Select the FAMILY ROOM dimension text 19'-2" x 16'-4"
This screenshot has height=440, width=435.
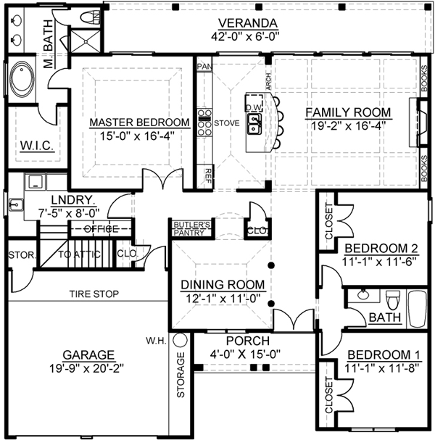coord(347,125)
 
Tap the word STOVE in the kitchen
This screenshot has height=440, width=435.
coord(226,123)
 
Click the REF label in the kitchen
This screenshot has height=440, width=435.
coord(208,173)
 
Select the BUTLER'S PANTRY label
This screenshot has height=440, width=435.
coord(191,229)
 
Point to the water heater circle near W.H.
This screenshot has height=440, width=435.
coord(180,339)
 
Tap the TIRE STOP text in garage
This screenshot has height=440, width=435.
coord(94,294)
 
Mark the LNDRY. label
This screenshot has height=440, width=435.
coord(71,199)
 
